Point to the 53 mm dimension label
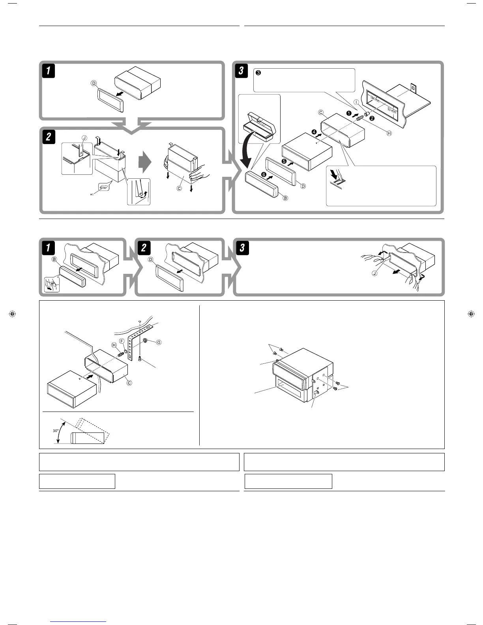(391, 109)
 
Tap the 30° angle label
(56, 430)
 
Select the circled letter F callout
(122, 341)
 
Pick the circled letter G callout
(159, 342)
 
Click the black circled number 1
(349, 113)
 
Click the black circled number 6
(264, 174)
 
